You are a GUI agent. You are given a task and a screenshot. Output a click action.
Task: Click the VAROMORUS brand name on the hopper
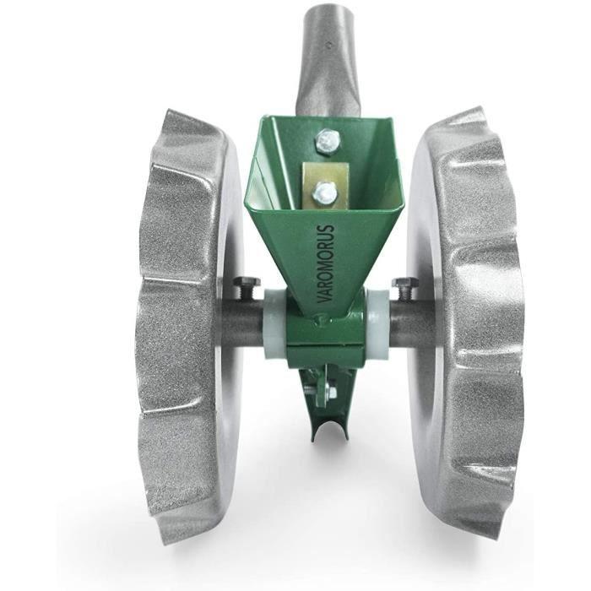[x=326, y=263]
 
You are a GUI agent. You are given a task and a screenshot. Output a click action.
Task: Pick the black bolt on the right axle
[x=405, y=289]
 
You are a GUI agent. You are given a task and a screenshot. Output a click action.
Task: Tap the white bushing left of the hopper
[x=274, y=323]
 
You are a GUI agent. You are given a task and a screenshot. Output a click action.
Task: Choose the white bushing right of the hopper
[x=376, y=323]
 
